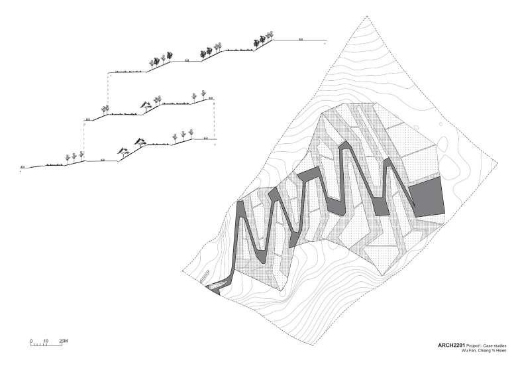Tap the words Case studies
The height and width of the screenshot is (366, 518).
tap(500, 345)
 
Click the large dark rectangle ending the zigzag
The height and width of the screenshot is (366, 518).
tap(426, 198)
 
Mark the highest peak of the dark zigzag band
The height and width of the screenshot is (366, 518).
tap(345, 147)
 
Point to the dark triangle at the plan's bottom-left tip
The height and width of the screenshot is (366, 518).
tap(214, 289)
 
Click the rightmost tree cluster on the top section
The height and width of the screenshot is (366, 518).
tap(263, 40)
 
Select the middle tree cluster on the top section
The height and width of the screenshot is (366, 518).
tap(211, 49)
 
